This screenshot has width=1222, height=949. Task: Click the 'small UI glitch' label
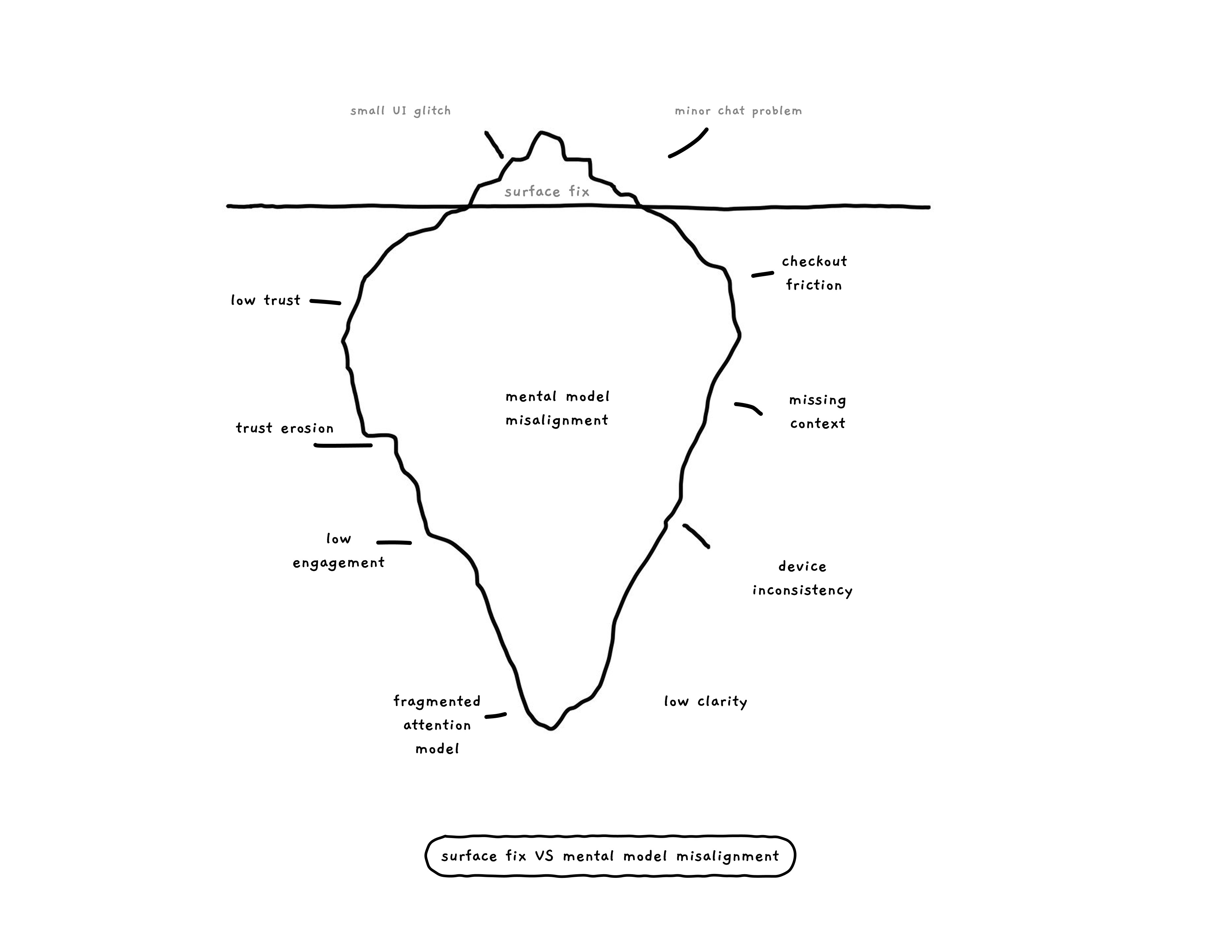400,111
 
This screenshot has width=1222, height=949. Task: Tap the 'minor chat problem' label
738,111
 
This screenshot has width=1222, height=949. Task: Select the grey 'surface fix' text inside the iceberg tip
547,192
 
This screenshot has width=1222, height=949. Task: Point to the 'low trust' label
266,300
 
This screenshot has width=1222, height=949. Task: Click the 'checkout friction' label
814,273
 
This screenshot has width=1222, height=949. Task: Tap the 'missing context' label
817,412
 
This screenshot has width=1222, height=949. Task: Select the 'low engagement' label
338,551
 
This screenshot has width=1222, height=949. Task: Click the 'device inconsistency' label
802,578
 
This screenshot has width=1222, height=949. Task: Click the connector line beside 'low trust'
325,302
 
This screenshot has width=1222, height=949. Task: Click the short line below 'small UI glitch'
493,144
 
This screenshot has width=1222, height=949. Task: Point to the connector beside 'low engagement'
394,542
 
